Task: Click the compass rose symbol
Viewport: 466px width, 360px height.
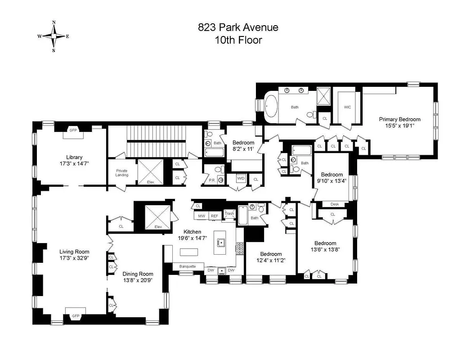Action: pos(54,36)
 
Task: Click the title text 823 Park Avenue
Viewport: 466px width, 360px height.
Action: pos(238,27)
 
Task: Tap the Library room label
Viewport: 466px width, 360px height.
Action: pos(74,157)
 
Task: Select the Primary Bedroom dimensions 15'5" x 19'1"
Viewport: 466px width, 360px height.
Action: pos(399,126)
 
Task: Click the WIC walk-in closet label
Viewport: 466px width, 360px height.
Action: pos(347,107)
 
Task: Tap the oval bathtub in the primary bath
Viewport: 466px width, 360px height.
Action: pos(271,107)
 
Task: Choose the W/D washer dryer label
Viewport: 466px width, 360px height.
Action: pos(241,179)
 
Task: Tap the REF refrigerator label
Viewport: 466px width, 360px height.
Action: pos(215,216)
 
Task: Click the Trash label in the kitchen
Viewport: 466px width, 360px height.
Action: pos(229,214)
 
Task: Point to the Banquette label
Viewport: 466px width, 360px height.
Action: pos(188,266)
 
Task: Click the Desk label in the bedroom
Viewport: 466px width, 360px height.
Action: pos(334,204)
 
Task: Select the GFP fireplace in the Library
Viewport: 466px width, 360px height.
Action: pos(73,130)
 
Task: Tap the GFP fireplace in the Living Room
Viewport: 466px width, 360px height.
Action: pos(76,316)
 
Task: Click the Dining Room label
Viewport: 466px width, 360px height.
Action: pos(138,274)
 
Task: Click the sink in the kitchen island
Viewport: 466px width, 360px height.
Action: pos(221,242)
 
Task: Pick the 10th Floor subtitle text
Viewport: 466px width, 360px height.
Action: pos(238,40)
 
